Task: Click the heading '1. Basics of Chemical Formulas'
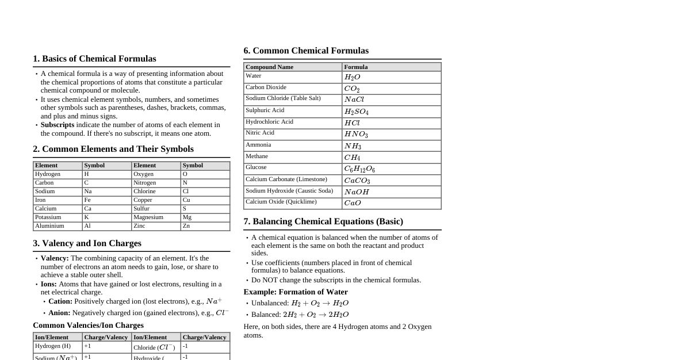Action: pos(94,59)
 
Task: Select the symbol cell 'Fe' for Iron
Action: pos(88,200)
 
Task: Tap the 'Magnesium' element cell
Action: pos(148,217)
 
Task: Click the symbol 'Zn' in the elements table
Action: pos(186,226)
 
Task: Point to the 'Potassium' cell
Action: pos(48,217)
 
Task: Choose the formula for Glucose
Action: pos(359,169)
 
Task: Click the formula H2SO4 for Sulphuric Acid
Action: pos(356,112)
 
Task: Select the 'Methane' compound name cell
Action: pos(257,156)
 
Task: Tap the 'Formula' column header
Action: pos(355,67)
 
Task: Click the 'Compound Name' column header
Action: pos(269,67)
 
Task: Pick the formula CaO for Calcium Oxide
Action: pos(353,203)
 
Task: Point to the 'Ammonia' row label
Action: pos(258,145)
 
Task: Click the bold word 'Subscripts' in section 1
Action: pos(58,125)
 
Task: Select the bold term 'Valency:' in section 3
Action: pos(55,258)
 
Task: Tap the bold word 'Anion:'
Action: pos(59,313)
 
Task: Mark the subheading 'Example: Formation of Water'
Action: pos(295,292)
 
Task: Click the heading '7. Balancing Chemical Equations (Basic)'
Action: pos(323,221)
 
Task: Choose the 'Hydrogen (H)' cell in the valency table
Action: pos(53,346)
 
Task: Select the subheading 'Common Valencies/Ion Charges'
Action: pos(88,325)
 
